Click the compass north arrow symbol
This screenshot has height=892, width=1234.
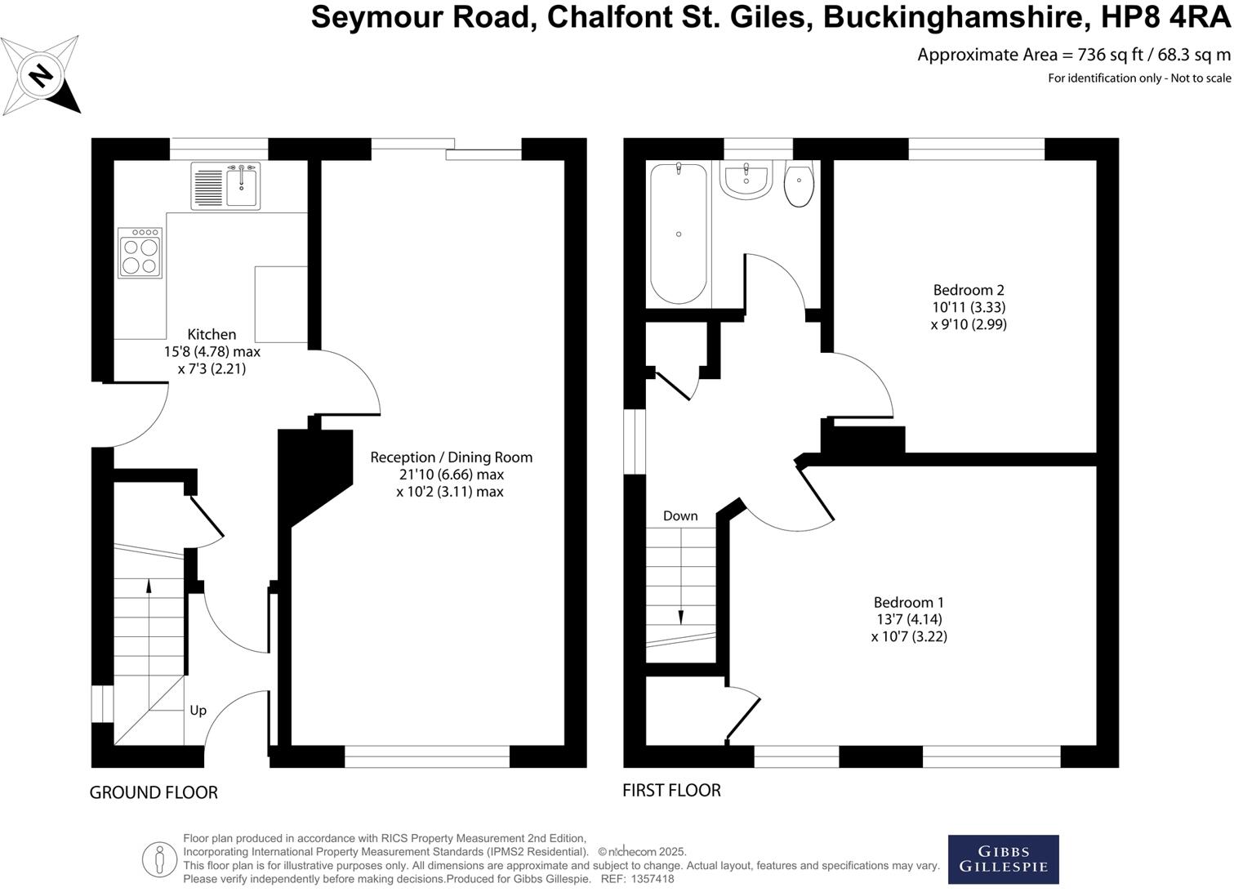coord(41,75)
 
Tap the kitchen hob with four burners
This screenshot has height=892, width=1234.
coord(140,253)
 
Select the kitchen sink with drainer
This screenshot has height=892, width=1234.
coord(226,186)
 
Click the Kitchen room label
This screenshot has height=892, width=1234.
coord(212,334)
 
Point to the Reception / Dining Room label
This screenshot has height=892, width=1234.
coord(451,457)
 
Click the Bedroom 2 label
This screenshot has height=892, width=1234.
coord(969,290)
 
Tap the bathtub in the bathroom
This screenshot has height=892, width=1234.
coord(679,233)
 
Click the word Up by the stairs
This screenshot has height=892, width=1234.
coord(198,711)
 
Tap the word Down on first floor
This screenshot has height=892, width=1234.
coord(680,515)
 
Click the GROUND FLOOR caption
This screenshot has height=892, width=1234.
coord(154,792)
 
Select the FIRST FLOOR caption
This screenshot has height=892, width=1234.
coord(671,790)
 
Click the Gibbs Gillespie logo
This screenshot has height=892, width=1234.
coord(1003,859)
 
